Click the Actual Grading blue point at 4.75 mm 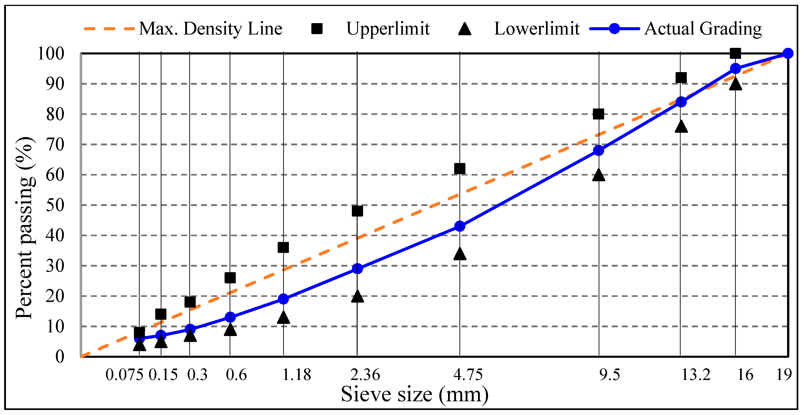459,226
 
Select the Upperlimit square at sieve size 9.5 598,114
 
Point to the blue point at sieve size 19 788,53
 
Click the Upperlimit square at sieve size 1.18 283,247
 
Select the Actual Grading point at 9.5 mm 598,150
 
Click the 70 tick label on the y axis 55,144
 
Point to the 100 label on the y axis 51,53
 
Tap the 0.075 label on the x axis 124,375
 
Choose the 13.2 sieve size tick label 695,375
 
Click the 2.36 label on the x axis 365,375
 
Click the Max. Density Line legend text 210,29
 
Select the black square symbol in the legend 317,29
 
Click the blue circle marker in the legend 614,29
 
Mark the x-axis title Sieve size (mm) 415,394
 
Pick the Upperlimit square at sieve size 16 735,53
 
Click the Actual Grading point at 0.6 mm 230,317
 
